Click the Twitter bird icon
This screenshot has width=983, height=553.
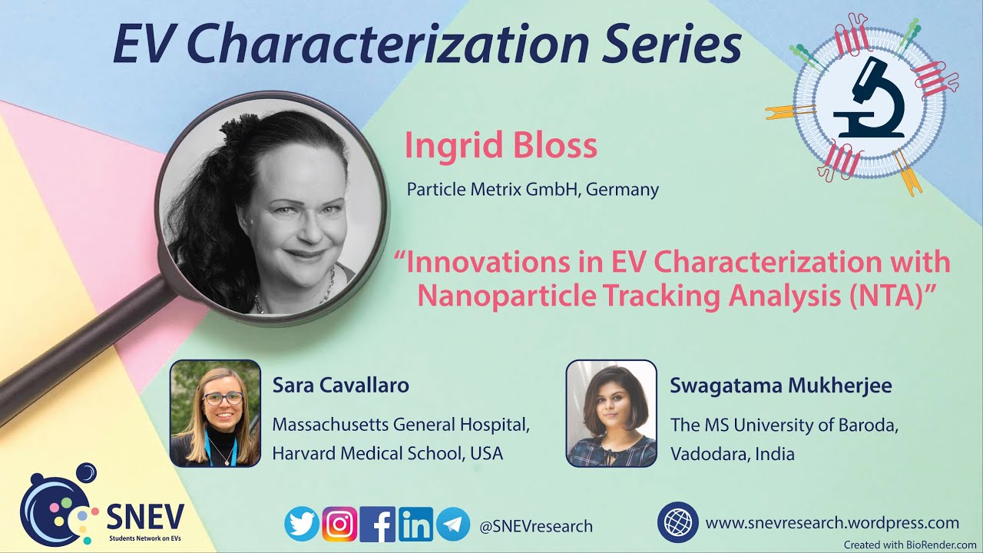coord(302,525)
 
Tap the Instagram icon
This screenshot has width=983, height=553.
coord(339,525)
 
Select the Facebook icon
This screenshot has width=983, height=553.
coord(378,525)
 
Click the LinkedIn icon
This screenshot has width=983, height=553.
coord(415,525)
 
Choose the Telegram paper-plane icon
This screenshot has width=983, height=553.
coord(453,525)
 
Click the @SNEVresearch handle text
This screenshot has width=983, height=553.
coord(536,526)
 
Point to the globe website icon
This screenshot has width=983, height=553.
coord(677,522)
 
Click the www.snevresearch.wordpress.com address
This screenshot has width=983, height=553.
coord(832,523)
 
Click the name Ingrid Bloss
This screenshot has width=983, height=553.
coord(501,146)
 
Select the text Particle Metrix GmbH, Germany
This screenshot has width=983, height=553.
coord(532,189)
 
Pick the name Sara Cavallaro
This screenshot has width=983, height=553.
coord(340,385)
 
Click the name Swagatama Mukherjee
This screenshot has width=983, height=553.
coord(781,385)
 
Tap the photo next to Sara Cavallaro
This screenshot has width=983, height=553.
coord(215,413)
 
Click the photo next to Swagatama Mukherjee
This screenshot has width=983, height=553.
coord(611,413)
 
